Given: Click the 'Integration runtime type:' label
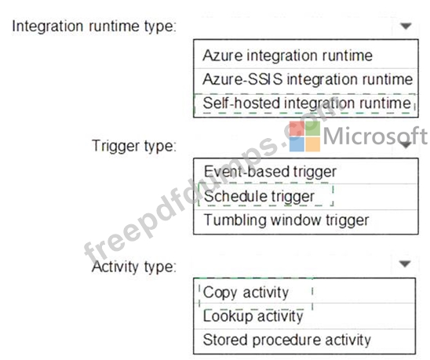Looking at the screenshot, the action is [94, 27].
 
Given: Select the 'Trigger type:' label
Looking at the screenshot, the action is [134, 146].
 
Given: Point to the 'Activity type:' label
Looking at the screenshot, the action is [134, 267].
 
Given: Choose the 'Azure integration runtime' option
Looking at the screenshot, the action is [287, 56].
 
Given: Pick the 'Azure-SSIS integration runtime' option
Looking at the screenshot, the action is [308, 79].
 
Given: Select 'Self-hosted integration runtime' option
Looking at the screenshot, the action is [307, 104].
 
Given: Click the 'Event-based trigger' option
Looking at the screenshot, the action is [270, 173].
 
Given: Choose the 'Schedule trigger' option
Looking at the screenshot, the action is [259, 196].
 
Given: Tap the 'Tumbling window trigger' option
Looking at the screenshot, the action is [286, 220].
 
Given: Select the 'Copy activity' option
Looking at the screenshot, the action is [246, 293].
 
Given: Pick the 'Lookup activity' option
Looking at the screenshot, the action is [253, 316].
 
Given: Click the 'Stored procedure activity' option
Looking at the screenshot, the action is [286, 340].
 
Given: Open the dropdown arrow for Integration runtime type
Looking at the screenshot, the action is [406, 26].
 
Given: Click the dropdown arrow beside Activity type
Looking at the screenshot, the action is [405, 264].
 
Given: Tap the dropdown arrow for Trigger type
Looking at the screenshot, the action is [406, 144].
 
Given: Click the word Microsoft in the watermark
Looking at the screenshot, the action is [375, 136].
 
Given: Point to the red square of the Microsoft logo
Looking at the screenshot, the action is [297, 129].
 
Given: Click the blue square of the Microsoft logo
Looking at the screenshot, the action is [297, 144].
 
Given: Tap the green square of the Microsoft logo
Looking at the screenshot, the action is [313, 129].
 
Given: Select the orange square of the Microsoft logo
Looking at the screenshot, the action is [313, 144].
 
